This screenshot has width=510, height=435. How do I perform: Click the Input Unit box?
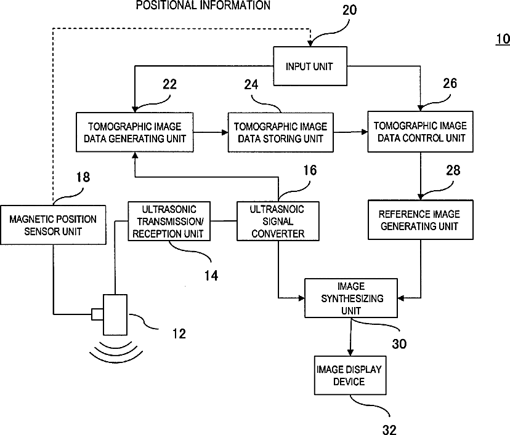310,66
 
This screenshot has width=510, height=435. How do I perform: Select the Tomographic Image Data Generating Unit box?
135,132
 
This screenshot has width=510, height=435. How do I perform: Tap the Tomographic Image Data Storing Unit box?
280,132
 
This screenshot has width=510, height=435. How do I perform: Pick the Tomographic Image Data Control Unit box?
420,132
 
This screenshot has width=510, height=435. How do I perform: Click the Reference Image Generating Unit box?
420,220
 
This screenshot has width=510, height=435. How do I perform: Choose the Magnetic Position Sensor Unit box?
53,225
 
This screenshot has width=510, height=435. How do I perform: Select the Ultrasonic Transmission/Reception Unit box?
169,221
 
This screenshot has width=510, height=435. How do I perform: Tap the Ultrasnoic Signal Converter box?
278,221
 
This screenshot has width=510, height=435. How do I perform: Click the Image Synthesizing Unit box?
351,298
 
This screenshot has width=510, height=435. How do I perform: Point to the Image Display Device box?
350,375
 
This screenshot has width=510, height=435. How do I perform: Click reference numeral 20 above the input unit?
350,10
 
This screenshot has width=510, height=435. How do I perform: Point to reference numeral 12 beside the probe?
179,333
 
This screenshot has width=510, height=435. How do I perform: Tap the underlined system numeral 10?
503,39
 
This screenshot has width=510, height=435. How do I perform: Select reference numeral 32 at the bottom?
389,429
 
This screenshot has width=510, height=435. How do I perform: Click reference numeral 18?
83,177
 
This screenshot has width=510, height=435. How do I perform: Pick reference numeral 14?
211,276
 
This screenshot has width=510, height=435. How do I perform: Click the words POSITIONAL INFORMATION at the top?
203,5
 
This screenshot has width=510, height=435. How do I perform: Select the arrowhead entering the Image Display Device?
350,353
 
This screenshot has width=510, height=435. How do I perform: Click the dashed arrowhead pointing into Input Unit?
310,43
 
